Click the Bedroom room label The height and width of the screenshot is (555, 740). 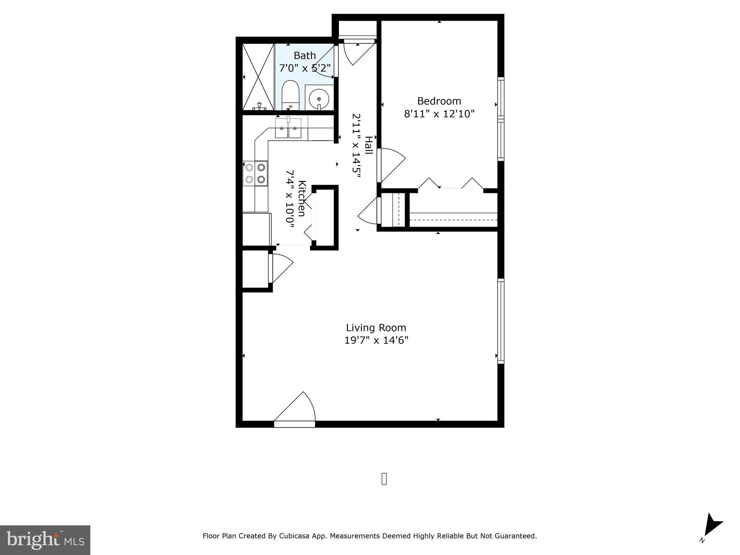pos(439,101)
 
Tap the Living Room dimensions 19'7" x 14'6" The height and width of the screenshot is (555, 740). pos(376,340)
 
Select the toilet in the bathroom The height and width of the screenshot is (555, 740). pos(290,95)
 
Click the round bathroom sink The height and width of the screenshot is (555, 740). pos(319,98)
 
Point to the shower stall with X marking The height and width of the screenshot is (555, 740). pos(258,77)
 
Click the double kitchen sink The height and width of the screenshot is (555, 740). pos(288,128)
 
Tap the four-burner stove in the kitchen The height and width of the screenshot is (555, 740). pos(255,173)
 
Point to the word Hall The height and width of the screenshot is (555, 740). pos(368,145)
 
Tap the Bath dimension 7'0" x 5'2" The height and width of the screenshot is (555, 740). pos(305,68)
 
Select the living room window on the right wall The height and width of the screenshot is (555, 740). pos(500,321)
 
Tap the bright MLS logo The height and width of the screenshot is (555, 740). pos(45,540)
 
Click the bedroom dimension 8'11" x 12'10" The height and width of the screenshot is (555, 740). pos(439,114)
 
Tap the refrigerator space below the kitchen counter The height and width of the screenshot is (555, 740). pos(256,229)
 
